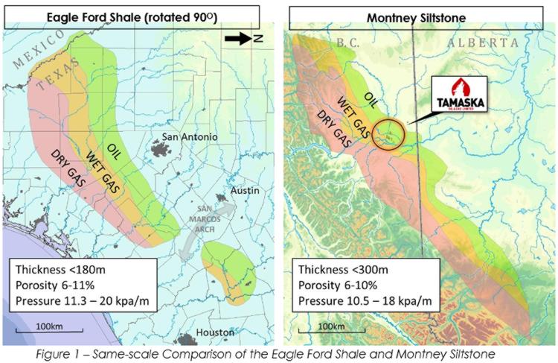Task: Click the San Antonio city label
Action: (190, 137)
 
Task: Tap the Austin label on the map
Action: (245, 191)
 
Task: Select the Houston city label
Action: (215, 332)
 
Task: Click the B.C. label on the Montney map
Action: (348, 43)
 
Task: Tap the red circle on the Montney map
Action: (388, 134)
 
